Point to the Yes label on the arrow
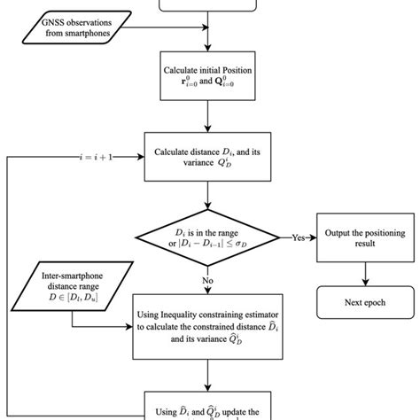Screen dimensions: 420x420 (299, 237)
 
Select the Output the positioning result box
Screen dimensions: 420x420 (366, 237)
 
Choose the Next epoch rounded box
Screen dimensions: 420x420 (366, 302)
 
